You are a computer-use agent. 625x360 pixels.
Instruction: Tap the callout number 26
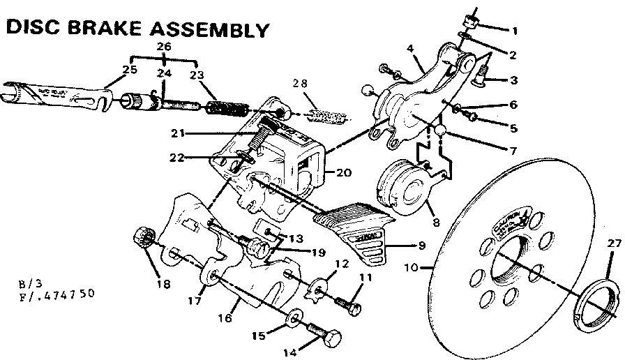(163, 47)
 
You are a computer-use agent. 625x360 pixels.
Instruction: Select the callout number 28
(300, 84)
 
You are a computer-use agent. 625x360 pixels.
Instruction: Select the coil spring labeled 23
(227, 110)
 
